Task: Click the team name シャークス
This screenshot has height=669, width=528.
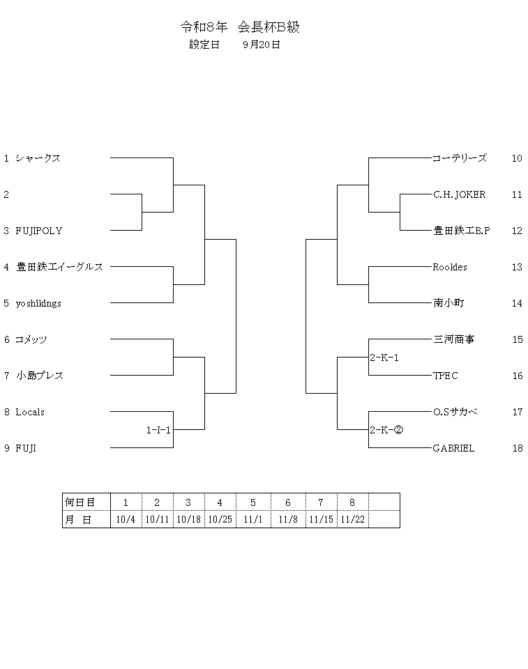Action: click(x=38, y=158)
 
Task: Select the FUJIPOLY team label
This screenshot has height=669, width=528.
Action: click(x=39, y=231)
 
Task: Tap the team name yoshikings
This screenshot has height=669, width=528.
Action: click(x=38, y=303)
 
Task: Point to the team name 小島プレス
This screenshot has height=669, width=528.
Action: click(x=40, y=376)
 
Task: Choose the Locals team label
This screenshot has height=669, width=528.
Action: click(x=30, y=412)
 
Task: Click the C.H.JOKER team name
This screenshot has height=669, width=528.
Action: click(x=459, y=194)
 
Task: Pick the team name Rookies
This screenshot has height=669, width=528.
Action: click(x=450, y=267)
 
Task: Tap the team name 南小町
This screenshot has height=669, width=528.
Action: click(x=448, y=303)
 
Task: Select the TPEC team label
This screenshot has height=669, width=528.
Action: click(x=446, y=376)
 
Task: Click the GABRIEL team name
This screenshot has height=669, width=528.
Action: click(x=453, y=448)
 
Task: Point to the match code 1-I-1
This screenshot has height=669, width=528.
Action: click(x=158, y=430)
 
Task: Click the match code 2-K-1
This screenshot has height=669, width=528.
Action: click(x=384, y=357)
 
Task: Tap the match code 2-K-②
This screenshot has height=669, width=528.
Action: click(x=386, y=430)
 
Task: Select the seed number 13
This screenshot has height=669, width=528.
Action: click(x=517, y=267)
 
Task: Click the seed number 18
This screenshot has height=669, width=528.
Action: click(x=518, y=448)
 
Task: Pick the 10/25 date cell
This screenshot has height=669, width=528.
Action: click(x=220, y=520)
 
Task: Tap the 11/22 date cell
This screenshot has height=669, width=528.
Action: click(x=353, y=520)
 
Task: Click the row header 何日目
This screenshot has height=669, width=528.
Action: click(x=80, y=502)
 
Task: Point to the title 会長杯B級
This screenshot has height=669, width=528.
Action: click(x=269, y=27)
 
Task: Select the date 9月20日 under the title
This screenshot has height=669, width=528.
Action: click(x=262, y=45)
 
